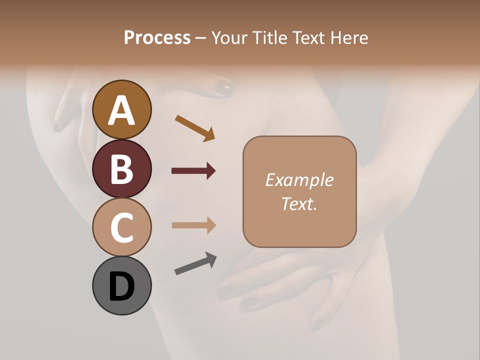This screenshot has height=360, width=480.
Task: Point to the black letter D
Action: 121,287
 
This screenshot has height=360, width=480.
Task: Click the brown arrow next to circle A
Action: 195,128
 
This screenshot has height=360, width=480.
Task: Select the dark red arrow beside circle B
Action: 193,171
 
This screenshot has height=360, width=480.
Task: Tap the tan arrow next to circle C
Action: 193,225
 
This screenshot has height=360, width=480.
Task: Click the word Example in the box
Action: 299,180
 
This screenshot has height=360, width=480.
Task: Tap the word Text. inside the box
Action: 299,203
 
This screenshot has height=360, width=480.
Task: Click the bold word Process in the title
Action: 157,37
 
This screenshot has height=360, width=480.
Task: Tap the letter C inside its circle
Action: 121,227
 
